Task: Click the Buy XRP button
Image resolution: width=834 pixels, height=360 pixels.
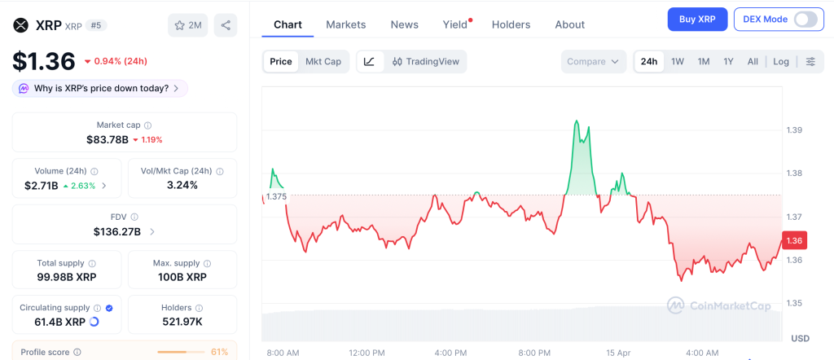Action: (x=697, y=19)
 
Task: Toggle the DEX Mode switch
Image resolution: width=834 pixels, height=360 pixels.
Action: (x=805, y=19)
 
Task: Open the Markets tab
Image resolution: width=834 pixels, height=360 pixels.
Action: (x=345, y=24)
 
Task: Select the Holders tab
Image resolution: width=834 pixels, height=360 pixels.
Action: (x=511, y=24)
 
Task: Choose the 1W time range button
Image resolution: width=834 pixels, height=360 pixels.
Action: (x=678, y=61)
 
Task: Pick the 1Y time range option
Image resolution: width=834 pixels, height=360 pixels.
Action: (x=728, y=61)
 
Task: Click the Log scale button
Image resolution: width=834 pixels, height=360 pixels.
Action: (x=781, y=61)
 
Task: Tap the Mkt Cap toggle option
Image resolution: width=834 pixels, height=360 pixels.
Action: (x=323, y=61)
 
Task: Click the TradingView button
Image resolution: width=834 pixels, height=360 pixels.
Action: (x=425, y=61)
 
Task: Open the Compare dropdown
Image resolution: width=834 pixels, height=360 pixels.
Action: (x=594, y=61)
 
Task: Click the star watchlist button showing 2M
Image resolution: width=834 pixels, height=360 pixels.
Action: (x=187, y=25)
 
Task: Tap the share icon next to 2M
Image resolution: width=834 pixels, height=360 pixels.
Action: (x=226, y=25)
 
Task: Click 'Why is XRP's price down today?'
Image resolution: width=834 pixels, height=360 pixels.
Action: (x=100, y=88)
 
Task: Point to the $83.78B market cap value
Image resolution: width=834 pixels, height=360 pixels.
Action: (x=108, y=139)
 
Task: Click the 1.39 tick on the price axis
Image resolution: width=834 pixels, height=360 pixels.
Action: (x=794, y=130)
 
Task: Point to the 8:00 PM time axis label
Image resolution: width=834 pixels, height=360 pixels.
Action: (x=534, y=353)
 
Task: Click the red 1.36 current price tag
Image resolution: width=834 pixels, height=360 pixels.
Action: (x=794, y=240)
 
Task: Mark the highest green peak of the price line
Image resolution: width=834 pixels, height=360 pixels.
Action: (x=576, y=121)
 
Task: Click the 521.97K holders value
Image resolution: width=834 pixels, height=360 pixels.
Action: (x=182, y=322)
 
